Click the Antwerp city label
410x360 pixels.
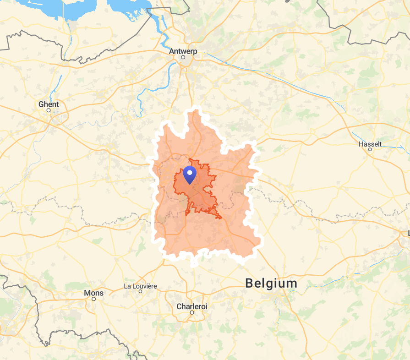pyautogui.click(x=183, y=51)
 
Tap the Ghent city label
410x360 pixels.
pyautogui.click(x=49, y=104)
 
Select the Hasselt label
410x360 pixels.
pyautogui.click(x=370, y=144)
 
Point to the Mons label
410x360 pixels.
pyautogui.click(x=93, y=293)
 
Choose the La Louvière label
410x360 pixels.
pyautogui.click(x=140, y=286)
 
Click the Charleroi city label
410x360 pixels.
pyautogui.click(x=192, y=306)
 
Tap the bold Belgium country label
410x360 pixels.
pyautogui.click(x=271, y=283)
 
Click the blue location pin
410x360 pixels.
pyautogui.click(x=190, y=175)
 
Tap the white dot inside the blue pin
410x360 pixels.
pyautogui.click(x=190, y=173)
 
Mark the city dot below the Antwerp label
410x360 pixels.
pyautogui.click(x=183, y=57)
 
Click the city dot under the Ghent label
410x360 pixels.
pyautogui.click(x=49, y=110)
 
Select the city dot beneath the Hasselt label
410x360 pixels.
pyautogui.click(x=370, y=149)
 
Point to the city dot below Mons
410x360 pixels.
pyautogui.click(x=93, y=299)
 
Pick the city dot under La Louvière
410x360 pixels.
pyautogui.click(x=140, y=291)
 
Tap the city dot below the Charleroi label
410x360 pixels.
pyautogui.click(x=192, y=312)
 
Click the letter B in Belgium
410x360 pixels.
pyautogui.click(x=250, y=283)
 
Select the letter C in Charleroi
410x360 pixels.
pyautogui.click(x=179, y=306)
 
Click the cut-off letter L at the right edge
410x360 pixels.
pyautogui.click(x=408, y=234)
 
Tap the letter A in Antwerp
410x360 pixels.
pyautogui.click(x=172, y=51)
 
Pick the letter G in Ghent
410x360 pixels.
pyautogui.click(x=41, y=104)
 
